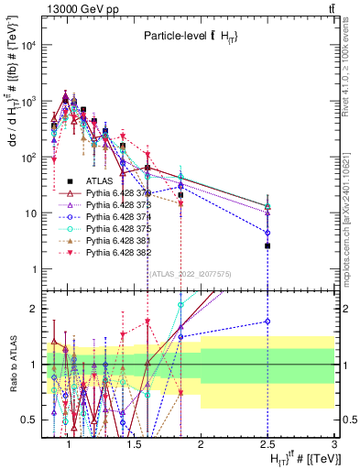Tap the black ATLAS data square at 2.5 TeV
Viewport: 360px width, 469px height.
pos(267,245)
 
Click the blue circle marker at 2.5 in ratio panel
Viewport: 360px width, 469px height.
pos(267,322)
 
